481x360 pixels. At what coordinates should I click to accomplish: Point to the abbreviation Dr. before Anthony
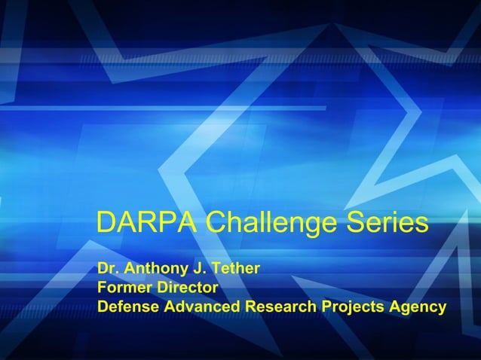pyautogui.click(x=109, y=268)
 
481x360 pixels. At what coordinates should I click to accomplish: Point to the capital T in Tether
pyautogui.click(x=213, y=268)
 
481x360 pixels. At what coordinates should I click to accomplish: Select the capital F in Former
pyautogui.click(x=102, y=288)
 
